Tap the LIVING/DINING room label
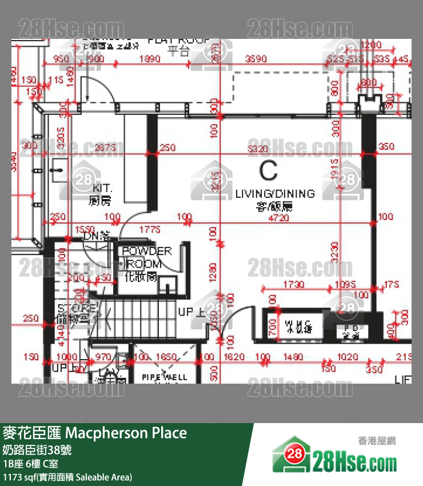point(275,194)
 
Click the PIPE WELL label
point(165,377)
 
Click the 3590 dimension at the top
point(256,59)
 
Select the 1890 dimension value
point(150,59)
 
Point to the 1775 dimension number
point(150,230)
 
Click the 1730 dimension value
point(293,284)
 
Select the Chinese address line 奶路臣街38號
point(38,449)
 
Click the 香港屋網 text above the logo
point(377,440)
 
